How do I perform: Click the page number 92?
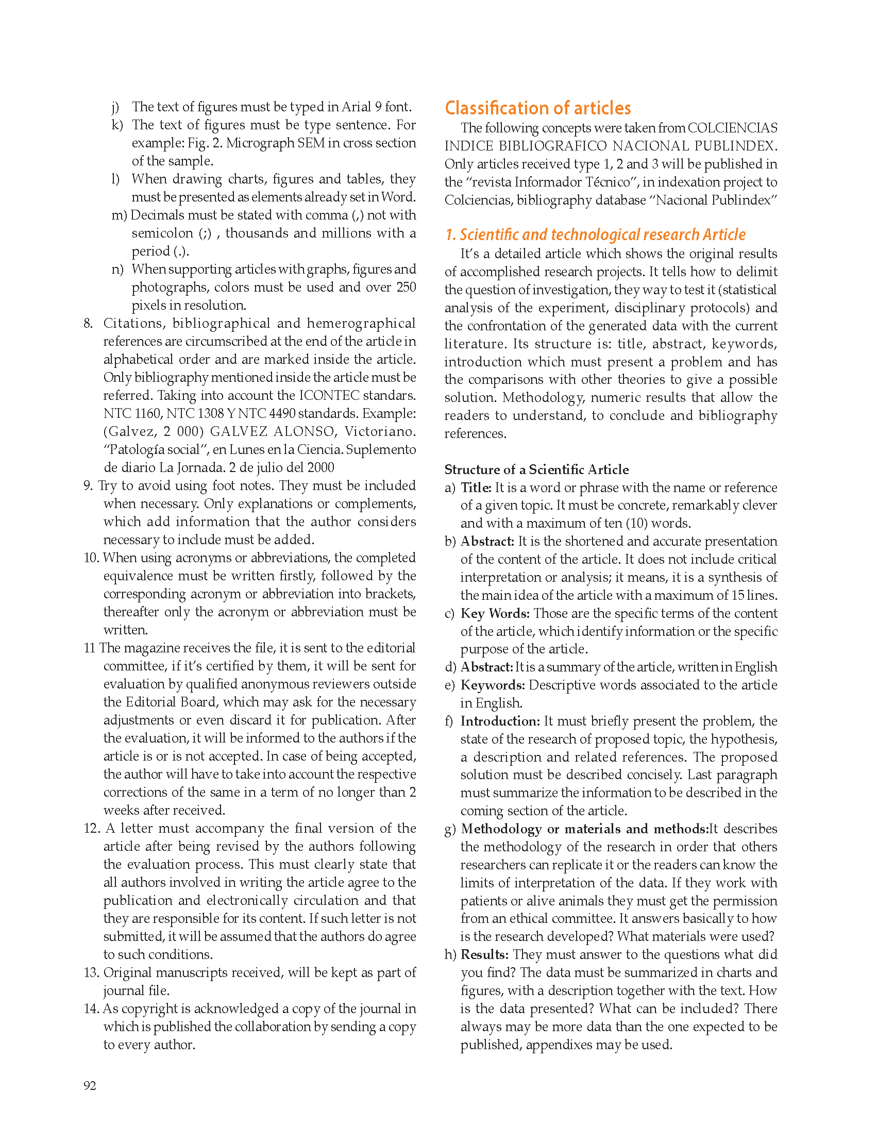(x=90, y=1086)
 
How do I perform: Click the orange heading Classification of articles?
(x=537, y=108)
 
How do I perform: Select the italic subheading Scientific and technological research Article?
(x=595, y=234)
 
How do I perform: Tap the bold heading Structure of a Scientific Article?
(x=536, y=469)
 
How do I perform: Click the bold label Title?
(x=476, y=487)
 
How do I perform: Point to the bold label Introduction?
(x=500, y=721)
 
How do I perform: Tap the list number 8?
(x=88, y=323)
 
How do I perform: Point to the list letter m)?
(x=119, y=215)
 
